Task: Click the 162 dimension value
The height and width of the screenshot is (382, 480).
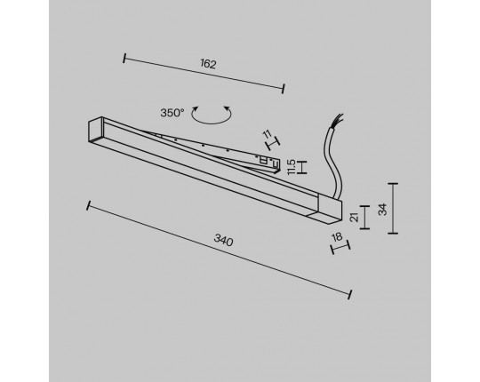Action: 208,64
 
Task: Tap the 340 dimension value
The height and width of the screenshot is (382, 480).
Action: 223,240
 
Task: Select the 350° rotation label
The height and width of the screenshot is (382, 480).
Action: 172,113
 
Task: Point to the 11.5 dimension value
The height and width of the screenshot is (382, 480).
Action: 292,167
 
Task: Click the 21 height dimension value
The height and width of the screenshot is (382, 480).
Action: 355,218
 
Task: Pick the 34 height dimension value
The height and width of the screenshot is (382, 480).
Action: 382,210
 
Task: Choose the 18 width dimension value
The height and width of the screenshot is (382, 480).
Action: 337,236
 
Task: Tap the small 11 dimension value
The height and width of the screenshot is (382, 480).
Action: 268,133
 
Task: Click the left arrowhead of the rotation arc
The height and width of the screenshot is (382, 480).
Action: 195,108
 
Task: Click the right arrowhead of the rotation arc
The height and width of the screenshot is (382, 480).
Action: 227,108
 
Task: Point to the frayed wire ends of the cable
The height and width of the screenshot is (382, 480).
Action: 340,118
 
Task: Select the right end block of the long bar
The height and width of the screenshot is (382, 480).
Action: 330,209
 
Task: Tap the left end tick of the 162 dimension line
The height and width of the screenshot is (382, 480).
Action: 124,58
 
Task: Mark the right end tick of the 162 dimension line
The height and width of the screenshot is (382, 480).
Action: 284,88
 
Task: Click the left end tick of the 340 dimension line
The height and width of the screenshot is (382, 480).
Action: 89,205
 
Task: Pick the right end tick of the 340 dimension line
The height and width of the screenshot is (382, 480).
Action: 350,294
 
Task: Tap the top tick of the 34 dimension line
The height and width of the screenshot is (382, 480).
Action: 393,184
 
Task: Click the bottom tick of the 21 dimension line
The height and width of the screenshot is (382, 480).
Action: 364,228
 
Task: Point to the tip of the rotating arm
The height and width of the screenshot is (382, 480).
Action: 277,166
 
